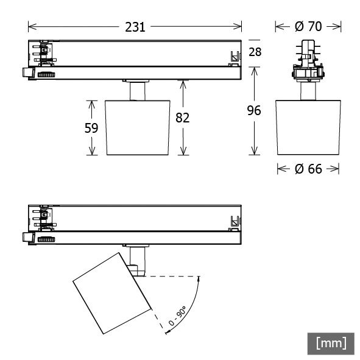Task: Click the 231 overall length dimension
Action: coord(135,27)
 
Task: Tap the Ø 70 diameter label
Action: coord(308,26)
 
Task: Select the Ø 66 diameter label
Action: coord(308,169)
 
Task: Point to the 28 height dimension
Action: coord(255,52)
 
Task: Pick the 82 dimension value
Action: coord(182,118)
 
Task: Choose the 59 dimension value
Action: coord(91,128)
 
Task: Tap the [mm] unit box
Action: coord(331,343)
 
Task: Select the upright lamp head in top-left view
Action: coord(137,127)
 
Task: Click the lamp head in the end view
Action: coord(308,127)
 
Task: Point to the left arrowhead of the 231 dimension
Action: coord(31,27)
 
